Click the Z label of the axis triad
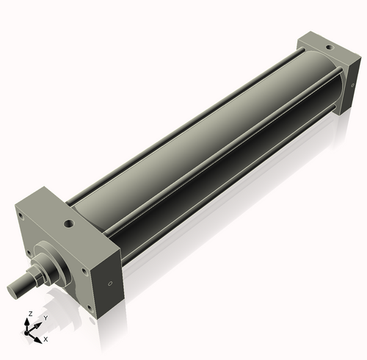pos(30,314)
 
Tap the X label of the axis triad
pos(46,339)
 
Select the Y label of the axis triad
pos(46,318)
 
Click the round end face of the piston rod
pos(12,290)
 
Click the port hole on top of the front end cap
pos(69,223)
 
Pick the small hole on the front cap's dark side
pos(110,284)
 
